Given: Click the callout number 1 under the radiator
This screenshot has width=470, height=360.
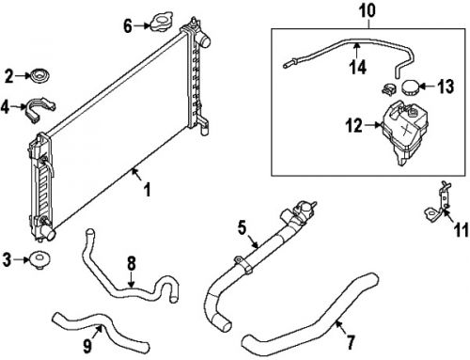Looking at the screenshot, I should click(146, 192).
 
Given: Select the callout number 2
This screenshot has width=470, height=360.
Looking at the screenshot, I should click(9, 75).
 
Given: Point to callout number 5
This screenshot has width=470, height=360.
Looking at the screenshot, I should click(242, 227).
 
